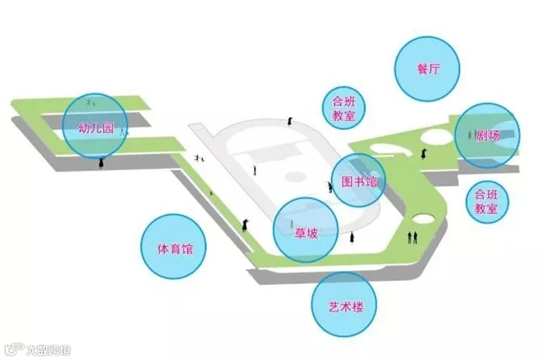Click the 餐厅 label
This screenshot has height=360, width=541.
(427, 69)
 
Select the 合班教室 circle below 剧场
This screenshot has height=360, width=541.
(486, 202)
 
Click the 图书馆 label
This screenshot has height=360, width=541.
(358, 182)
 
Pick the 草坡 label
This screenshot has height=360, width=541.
(306, 233)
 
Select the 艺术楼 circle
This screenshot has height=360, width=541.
(344, 307)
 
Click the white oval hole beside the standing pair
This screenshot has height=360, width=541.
(422, 219)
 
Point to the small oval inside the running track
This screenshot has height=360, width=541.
(296, 176)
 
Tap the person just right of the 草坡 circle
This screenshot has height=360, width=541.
(352, 237)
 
